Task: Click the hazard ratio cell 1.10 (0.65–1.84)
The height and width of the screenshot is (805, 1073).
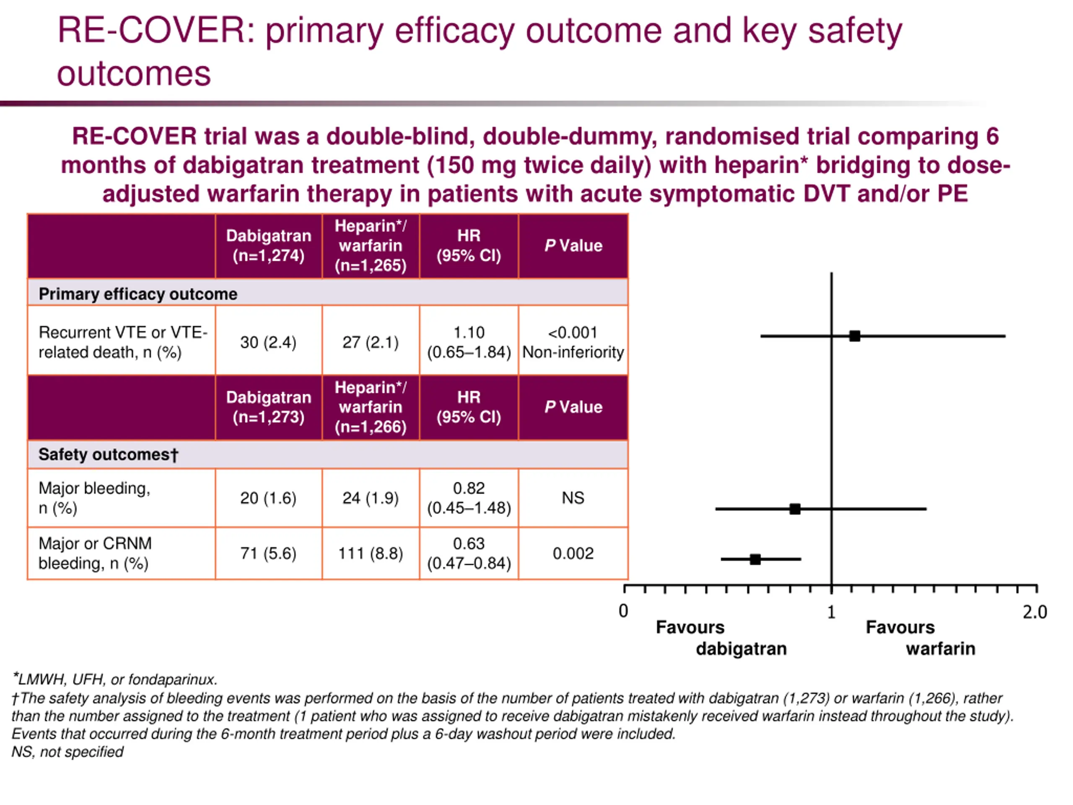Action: tap(469, 342)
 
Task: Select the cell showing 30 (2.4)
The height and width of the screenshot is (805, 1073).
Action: tap(268, 342)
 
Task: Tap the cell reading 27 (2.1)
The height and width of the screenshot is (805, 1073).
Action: tap(371, 342)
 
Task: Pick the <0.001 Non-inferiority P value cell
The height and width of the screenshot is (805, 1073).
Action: tap(573, 342)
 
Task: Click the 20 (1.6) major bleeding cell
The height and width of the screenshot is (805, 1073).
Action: tap(268, 498)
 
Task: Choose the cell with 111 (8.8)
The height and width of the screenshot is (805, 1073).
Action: tap(371, 553)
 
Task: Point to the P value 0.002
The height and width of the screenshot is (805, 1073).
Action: tap(573, 553)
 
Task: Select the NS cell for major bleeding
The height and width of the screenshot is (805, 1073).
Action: tap(573, 498)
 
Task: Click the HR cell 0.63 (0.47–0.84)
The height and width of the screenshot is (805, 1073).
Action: tap(469, 553)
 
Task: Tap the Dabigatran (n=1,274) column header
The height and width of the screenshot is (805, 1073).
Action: tap(268, 246)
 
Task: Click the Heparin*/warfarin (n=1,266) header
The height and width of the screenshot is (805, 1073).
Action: tap(371, 407)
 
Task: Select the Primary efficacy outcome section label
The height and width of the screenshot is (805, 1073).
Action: tap(138, 294)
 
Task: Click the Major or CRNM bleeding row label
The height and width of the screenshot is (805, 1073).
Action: tap(95, 553)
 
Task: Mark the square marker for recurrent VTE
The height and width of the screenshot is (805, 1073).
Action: tap(855, 336)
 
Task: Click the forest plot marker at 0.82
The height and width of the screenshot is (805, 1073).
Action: tap(795, 509)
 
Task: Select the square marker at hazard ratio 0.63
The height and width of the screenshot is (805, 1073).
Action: tap(755, 559)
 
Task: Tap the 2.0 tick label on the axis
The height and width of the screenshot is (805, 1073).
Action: tap(1035, 613)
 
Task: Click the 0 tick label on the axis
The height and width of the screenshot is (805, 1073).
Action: tap(624, 611)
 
